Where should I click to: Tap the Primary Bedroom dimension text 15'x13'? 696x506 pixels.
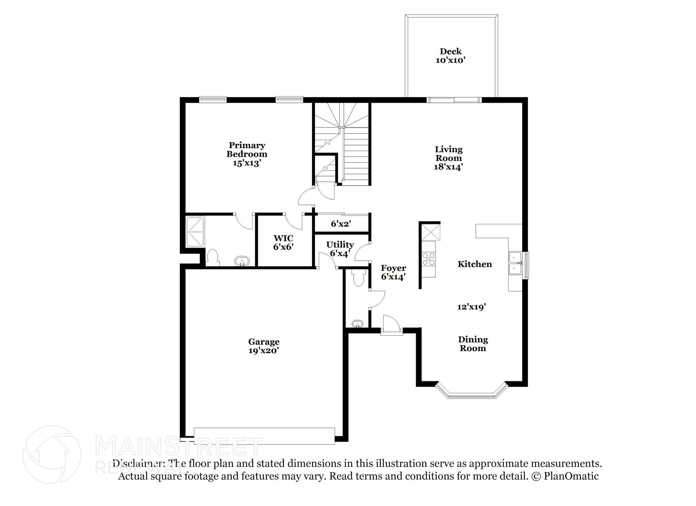pos(247,163)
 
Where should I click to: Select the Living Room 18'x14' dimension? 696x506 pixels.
pos(449,167)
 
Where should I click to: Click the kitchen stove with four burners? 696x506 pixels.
pos(429,259)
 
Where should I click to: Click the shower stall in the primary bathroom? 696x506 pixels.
pos(195,232)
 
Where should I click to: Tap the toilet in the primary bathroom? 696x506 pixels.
pos(213,257)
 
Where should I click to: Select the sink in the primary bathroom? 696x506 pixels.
pos(242,261)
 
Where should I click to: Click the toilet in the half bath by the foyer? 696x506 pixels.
pos(359,278)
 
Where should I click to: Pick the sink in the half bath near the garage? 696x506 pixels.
pos(357,324)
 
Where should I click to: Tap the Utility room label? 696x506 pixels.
pos(340,245)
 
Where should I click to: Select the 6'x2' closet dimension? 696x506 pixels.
pos(341,224)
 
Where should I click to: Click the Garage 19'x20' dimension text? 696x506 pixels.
pos(264,351)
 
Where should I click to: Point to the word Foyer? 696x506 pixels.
pos(393,268)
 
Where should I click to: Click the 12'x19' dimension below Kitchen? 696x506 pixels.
pos(471,307)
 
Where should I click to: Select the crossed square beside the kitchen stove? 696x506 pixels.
pos(430,232)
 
